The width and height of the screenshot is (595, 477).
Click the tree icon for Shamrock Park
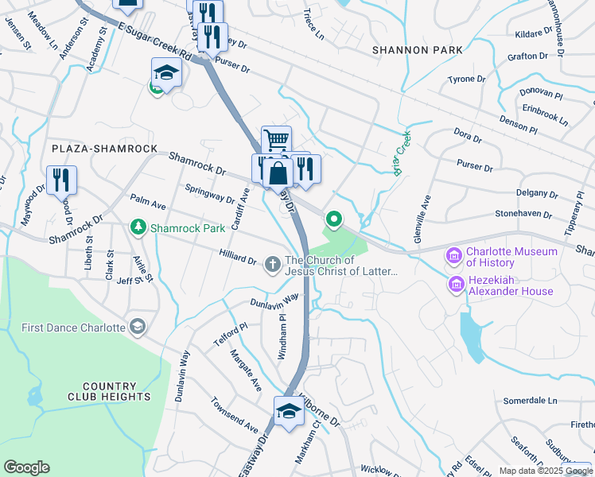tap(139, 228)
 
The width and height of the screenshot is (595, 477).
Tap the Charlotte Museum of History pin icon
tap(455, 256)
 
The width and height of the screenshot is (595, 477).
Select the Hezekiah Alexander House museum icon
tap(457, 284)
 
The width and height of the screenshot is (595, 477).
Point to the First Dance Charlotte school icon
tap(138, 328)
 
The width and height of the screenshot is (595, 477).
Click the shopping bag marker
tap(279, 172)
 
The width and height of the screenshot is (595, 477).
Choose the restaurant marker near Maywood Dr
tap(61, 180)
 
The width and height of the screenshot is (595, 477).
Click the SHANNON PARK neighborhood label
tap(417, 50)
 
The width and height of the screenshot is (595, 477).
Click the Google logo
tap(26, 467)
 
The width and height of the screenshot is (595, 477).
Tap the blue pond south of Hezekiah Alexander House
tap(474, 334)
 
